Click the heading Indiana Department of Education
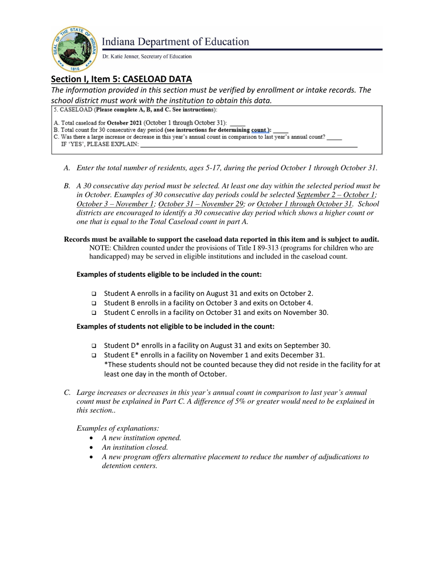point(175,42)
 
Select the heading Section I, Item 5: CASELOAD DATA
point(121,79)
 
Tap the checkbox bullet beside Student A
point(94,294)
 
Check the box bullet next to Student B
point(94,303)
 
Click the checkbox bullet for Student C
point(94,313)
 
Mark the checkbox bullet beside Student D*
point(94,346)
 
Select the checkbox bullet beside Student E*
point(94,355)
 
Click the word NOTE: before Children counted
point(100,248)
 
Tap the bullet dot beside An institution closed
point(93,448)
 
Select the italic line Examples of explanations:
point(118,428)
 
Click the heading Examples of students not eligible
point(175,326)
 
